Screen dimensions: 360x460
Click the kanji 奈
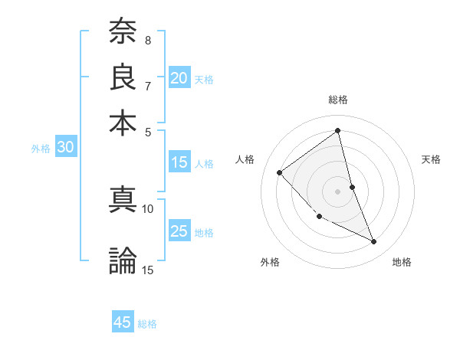tap(123, 32)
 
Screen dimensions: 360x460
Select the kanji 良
tap(123, 77)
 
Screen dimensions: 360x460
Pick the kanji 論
tap(123, 260)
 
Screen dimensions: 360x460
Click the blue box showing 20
tap(179, 78)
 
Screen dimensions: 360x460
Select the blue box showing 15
tap(179, 162)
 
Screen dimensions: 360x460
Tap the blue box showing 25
tap(179, 232)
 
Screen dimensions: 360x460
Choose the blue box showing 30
tap(65, 148)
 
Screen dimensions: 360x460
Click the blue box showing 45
tap(123, 322)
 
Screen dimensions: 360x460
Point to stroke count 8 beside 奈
tap(147, 40)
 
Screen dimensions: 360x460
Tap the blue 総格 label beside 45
tap(147, 324)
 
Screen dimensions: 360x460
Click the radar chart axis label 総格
tap(338, 100)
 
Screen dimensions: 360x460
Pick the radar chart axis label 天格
tap(432, 159)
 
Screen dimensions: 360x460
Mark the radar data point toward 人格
tap(280, 172)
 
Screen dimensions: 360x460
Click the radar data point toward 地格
tap(374, 242)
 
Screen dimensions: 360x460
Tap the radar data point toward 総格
tap(338, 130)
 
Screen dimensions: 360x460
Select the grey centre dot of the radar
tap(338, 191)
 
